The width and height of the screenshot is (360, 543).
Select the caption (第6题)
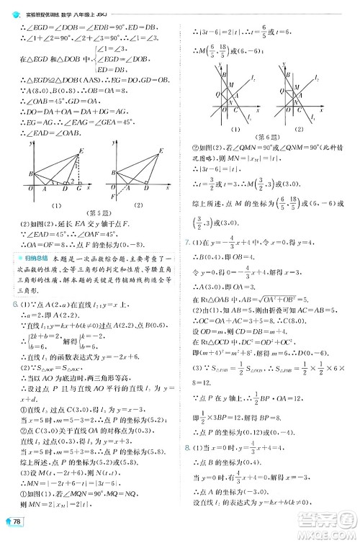[x=269, y=137]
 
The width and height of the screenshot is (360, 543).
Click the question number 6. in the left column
[x=8, y=305]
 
